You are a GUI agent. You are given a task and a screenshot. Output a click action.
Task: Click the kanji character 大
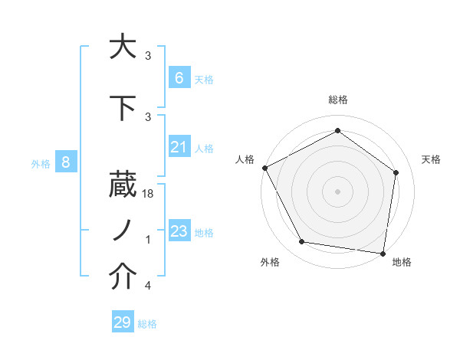tap(123, 47)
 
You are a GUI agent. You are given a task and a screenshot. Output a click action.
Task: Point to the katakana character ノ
tap(123, 231)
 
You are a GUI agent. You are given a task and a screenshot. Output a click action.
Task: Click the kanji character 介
tap(123, 277)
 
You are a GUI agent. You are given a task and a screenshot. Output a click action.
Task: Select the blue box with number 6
tap(179, 77)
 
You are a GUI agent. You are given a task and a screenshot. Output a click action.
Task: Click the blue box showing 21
tap(179, 147)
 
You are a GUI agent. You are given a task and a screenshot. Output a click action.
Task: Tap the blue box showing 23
tap(179, 231)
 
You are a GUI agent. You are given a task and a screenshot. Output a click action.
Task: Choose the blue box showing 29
tap(122, 322)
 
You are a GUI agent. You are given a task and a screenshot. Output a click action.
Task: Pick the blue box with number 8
tap(66, 162)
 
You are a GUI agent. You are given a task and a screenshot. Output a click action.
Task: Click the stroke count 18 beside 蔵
tap(149, 195)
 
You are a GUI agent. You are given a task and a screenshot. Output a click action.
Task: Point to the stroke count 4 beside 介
tap(148, 286)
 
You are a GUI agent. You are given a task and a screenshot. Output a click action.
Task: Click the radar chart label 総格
tap(338, 100)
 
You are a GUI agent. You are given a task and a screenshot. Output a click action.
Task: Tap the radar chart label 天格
tap(432, 159)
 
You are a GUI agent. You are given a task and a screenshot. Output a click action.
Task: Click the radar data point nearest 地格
tap(383, 253)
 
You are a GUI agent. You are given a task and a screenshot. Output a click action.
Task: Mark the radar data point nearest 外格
tap(302, 242)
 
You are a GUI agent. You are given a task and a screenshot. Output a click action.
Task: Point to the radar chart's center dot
tap(338, 191)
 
